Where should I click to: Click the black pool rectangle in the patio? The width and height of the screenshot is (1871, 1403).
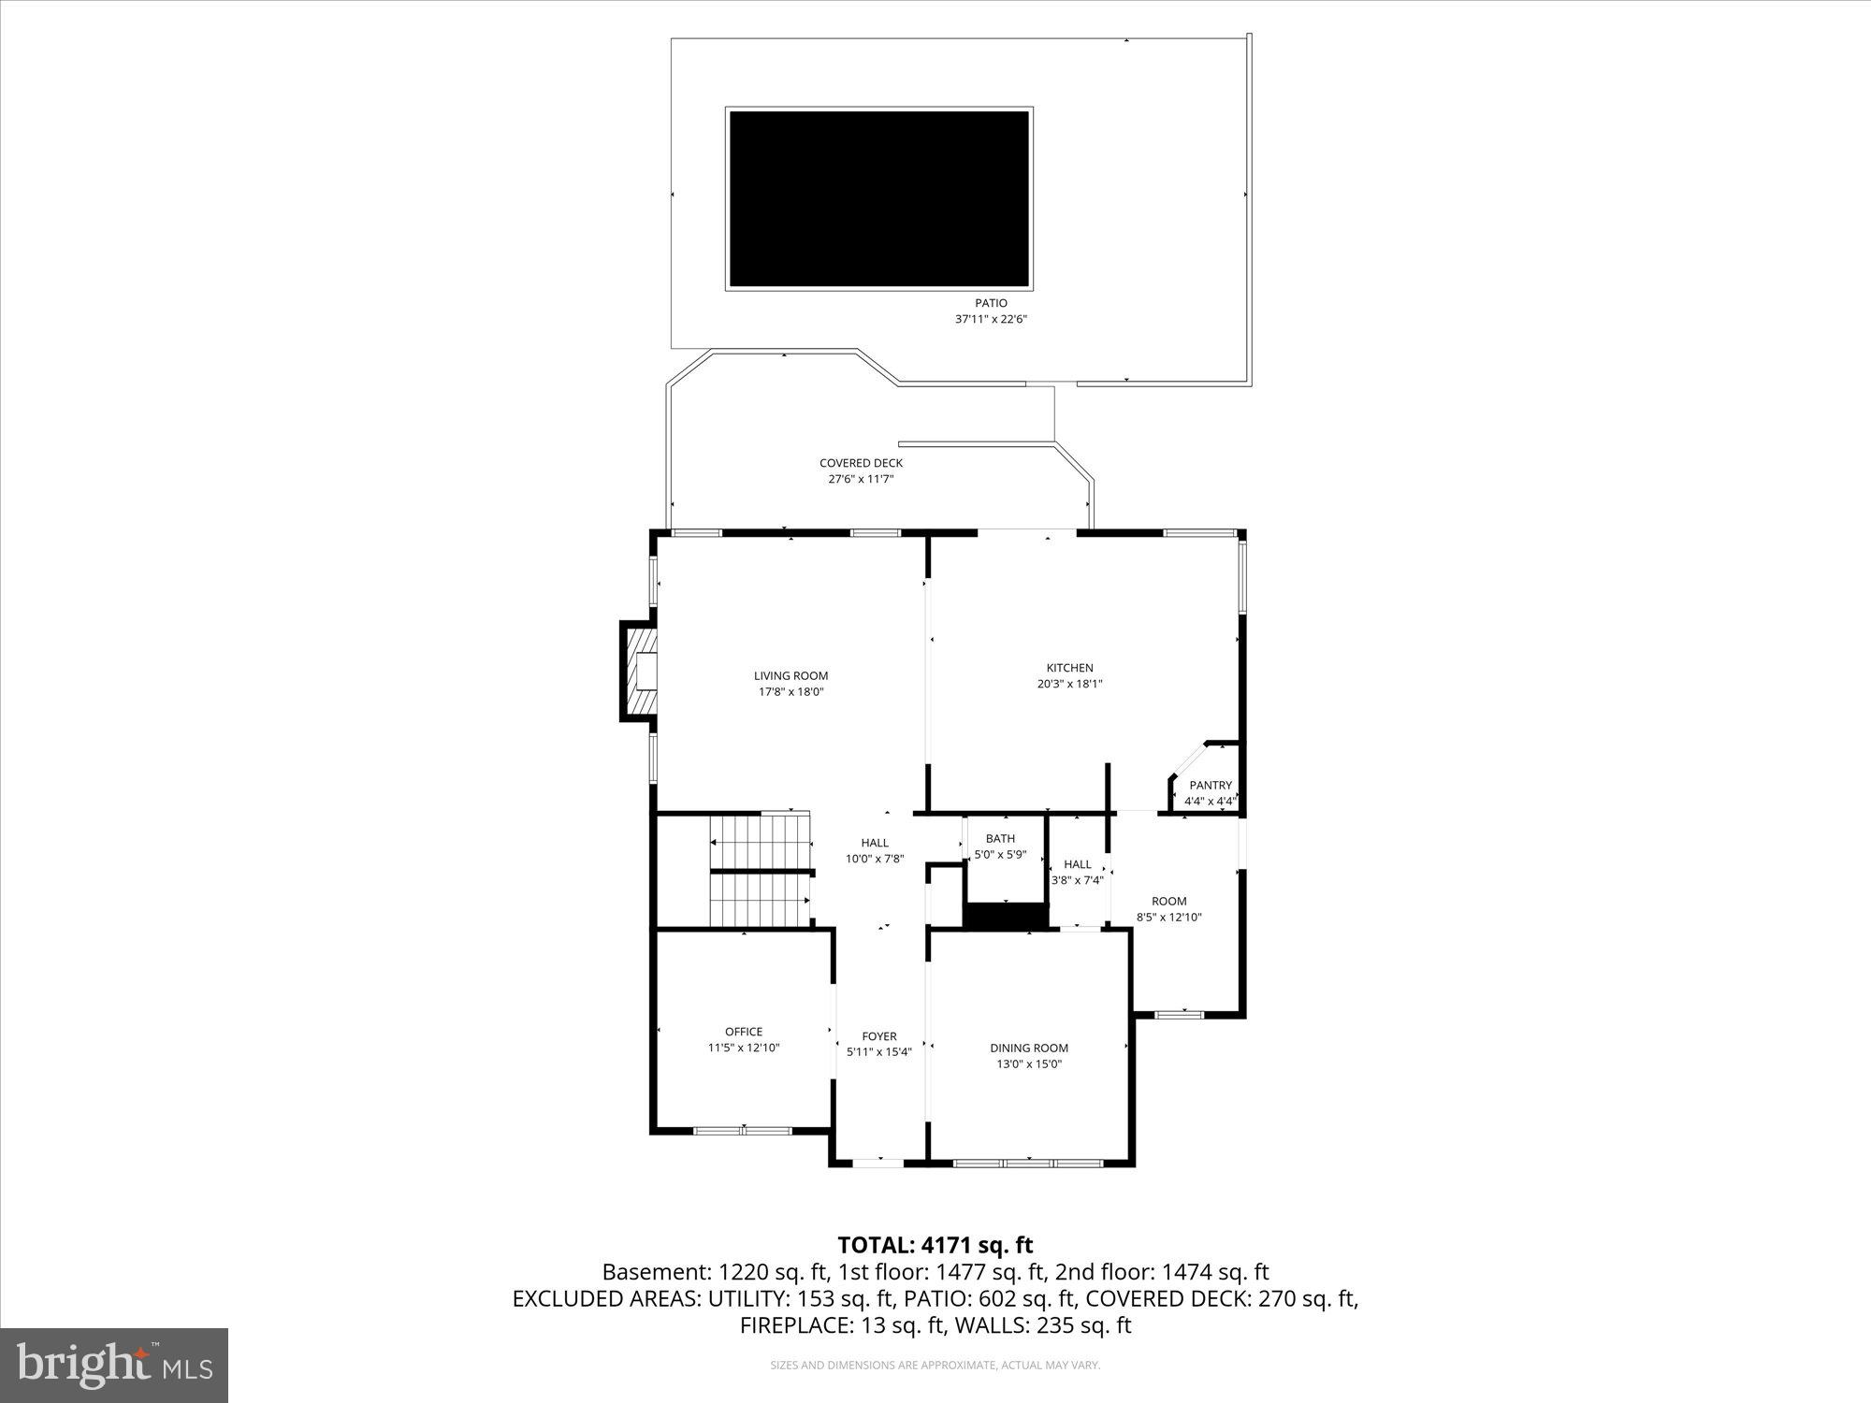point(878,198)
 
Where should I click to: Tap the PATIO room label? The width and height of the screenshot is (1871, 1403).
point(991,303)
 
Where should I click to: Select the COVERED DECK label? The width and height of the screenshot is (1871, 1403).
point(861,463)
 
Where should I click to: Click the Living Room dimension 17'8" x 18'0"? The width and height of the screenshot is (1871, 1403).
point(790,692)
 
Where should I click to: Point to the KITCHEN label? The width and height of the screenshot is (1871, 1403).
point(1069,668)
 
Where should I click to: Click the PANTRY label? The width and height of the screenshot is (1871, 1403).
point(1210,786)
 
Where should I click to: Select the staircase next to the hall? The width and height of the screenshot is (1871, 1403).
point(760,870)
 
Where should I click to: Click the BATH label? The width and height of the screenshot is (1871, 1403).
point(1000,839)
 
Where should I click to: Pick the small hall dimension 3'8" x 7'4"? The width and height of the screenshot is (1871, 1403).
point(1077,880)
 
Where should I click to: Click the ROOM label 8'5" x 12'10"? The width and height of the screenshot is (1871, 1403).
point(1168,902)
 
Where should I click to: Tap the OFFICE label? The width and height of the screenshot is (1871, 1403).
point(744,1032)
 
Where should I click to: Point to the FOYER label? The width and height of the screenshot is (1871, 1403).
point(878,1036)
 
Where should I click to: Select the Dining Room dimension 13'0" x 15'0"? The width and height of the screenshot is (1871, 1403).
point(1029,1064)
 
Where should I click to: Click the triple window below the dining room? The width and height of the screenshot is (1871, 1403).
point(1028,1164)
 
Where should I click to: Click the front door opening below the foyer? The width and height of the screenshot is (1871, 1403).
point(877,1163)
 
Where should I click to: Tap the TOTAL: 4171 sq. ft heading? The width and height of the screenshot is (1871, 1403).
point(935,1245)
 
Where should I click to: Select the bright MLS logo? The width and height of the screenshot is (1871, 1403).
point(114,1366)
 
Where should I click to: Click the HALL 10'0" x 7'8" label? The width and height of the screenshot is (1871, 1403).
point(875,843)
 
